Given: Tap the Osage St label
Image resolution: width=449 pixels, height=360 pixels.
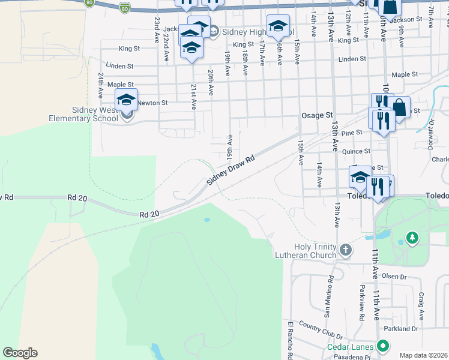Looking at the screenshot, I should (x=316, y=115).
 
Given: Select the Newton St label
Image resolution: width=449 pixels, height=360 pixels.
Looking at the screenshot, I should (x=152, y=103).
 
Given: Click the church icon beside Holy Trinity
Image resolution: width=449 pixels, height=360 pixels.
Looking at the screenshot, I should (x=345, y=249).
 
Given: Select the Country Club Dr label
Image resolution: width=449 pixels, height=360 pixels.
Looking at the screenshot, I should (x=320, y=331).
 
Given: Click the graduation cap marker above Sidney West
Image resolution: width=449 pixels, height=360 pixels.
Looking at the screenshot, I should (x=127, y=99).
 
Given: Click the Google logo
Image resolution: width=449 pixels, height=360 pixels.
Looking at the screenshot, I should (x=19, y=353).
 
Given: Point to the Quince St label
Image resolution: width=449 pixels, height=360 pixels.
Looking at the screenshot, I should (x=357, y=152).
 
